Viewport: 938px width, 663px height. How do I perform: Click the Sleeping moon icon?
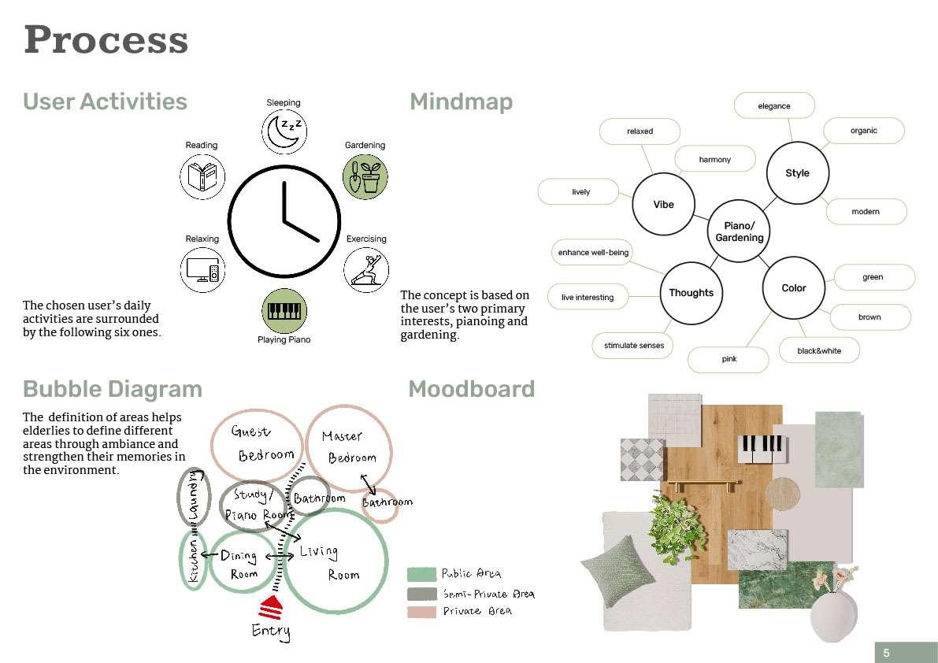[283, 131]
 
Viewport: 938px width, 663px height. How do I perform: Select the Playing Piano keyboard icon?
[283, 310]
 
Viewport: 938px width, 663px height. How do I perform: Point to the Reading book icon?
[202, 176]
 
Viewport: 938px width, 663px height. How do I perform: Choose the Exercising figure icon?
[365, 269]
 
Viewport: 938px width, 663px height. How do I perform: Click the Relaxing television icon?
[202, 269]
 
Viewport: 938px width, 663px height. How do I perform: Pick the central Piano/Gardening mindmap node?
[739, 231]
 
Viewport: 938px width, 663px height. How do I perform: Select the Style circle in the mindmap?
[797, 173]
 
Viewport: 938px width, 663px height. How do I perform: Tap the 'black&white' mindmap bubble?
[819, 350]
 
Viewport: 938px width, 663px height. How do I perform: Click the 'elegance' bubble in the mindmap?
[773, 106]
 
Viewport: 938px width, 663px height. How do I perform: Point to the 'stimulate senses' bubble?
[633, 345]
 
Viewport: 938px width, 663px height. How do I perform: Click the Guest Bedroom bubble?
[257, 443]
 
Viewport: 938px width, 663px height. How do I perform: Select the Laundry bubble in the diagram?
[194, 496]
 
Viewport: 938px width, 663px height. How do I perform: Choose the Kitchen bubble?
[193, 560]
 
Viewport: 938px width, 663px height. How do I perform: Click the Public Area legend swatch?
[421, 574]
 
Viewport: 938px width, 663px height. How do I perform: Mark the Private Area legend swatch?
[421, 612]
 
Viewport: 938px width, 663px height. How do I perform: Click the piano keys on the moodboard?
[760, 448]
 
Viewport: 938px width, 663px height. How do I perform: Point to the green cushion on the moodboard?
[618, 569]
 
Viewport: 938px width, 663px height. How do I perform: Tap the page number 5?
[886, 652]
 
